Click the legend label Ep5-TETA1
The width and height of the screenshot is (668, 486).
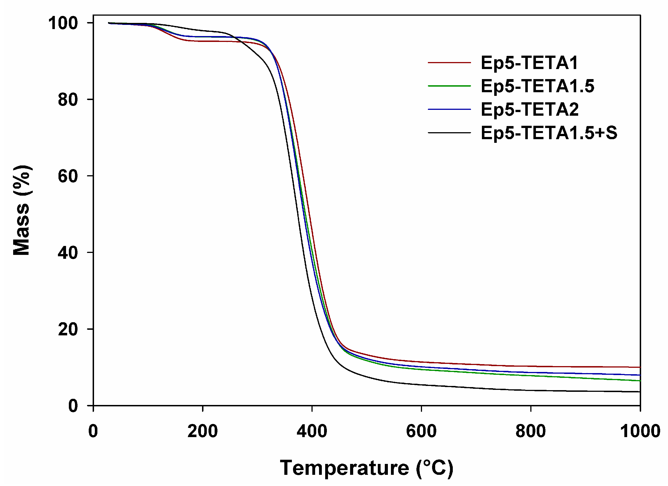529,63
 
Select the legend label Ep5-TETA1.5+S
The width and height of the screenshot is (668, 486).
549,133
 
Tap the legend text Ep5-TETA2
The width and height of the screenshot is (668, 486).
529,110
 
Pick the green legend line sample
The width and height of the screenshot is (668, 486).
449,86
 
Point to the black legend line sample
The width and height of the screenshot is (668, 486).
449,133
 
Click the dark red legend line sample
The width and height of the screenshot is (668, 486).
449,63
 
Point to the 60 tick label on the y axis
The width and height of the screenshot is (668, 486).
68,176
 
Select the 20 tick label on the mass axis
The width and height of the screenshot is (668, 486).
68,329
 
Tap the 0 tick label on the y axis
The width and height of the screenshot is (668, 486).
73,406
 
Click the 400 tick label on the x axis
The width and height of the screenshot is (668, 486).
312,431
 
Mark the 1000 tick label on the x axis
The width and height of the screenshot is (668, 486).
640,431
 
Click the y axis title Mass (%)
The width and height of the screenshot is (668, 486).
22,210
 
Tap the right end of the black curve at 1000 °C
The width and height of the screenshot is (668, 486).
640,392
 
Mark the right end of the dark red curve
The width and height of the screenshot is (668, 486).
640,367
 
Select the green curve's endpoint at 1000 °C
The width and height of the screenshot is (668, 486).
640,381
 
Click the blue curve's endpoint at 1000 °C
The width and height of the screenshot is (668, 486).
640,375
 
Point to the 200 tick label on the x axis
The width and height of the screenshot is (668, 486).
203,431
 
